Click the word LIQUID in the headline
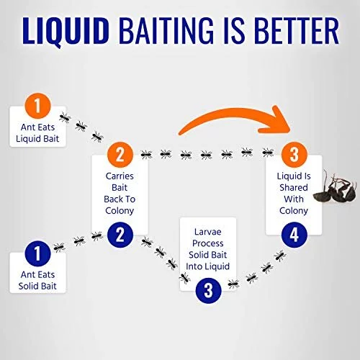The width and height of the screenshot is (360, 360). pyautogui.click(x=65, y=31)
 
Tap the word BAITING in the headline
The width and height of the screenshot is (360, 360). pyautogui.click(x=166, y=30)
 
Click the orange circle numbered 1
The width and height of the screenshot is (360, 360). pyautogui.click(x=37, y=106)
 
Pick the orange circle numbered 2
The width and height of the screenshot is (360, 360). pyautogui.click(x=120, y=155)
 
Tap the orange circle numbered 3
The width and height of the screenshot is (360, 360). pyautogui.click(x=294, y=155)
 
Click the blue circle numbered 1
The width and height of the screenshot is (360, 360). pyautogui.click(x=37, y=253)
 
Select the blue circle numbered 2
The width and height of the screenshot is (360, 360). pyautogui.click(x=120, y=235)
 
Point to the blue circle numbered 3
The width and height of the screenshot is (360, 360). pyautogui.click(x=208, y=291)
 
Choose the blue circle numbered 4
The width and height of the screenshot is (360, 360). pyautogui.click(x=294, y=235)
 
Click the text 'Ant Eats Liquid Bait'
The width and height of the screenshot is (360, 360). pyautogui.click(x=37, y=133)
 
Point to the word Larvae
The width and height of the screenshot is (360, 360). pyautogui.click(x=208, y=232)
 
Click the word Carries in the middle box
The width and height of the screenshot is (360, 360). pyautogui.click(x=120, y=176)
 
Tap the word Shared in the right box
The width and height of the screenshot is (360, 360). pyautogui.click(x=294, y=188)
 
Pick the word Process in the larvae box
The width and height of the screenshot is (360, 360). pyautogui.click(x=208, y=243)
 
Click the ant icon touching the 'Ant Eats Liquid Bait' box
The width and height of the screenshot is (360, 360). pyautogui.click(x=65, y=117)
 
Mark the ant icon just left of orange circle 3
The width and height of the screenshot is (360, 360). pyautogui.click(x=268, y=153)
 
